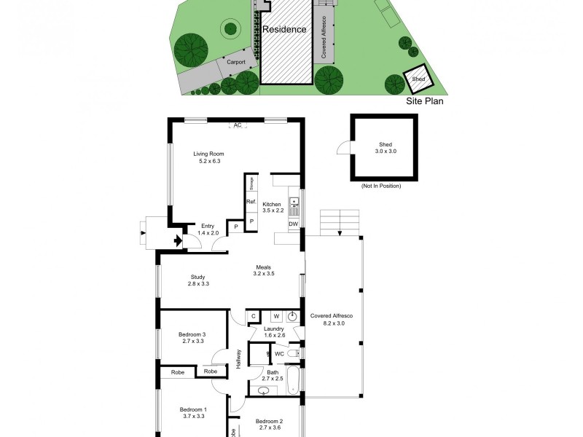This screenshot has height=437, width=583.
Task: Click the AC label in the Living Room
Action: point(236,125)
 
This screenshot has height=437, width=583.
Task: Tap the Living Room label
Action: point(208,157)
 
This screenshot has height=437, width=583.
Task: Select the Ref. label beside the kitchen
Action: point(250,202)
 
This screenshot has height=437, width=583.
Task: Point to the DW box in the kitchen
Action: point(293,224)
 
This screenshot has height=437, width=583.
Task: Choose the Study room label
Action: point(198,280)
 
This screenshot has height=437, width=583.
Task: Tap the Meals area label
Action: point(262,270)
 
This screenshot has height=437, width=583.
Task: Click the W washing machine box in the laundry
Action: point(276,316)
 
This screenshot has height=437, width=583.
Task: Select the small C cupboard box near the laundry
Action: point(254,316)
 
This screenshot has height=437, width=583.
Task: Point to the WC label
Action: point(279,354)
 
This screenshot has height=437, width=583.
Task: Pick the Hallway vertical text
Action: point(238,359)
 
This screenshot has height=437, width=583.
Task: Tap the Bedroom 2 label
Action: point(270,425)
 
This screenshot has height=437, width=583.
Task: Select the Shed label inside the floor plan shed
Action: point(385,148)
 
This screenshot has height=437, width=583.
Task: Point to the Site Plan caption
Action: point(425,102)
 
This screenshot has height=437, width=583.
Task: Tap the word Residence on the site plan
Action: point(284,30)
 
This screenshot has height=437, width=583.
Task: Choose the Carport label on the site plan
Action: point(235,63)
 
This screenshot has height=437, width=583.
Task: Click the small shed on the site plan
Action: point(418,79)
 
